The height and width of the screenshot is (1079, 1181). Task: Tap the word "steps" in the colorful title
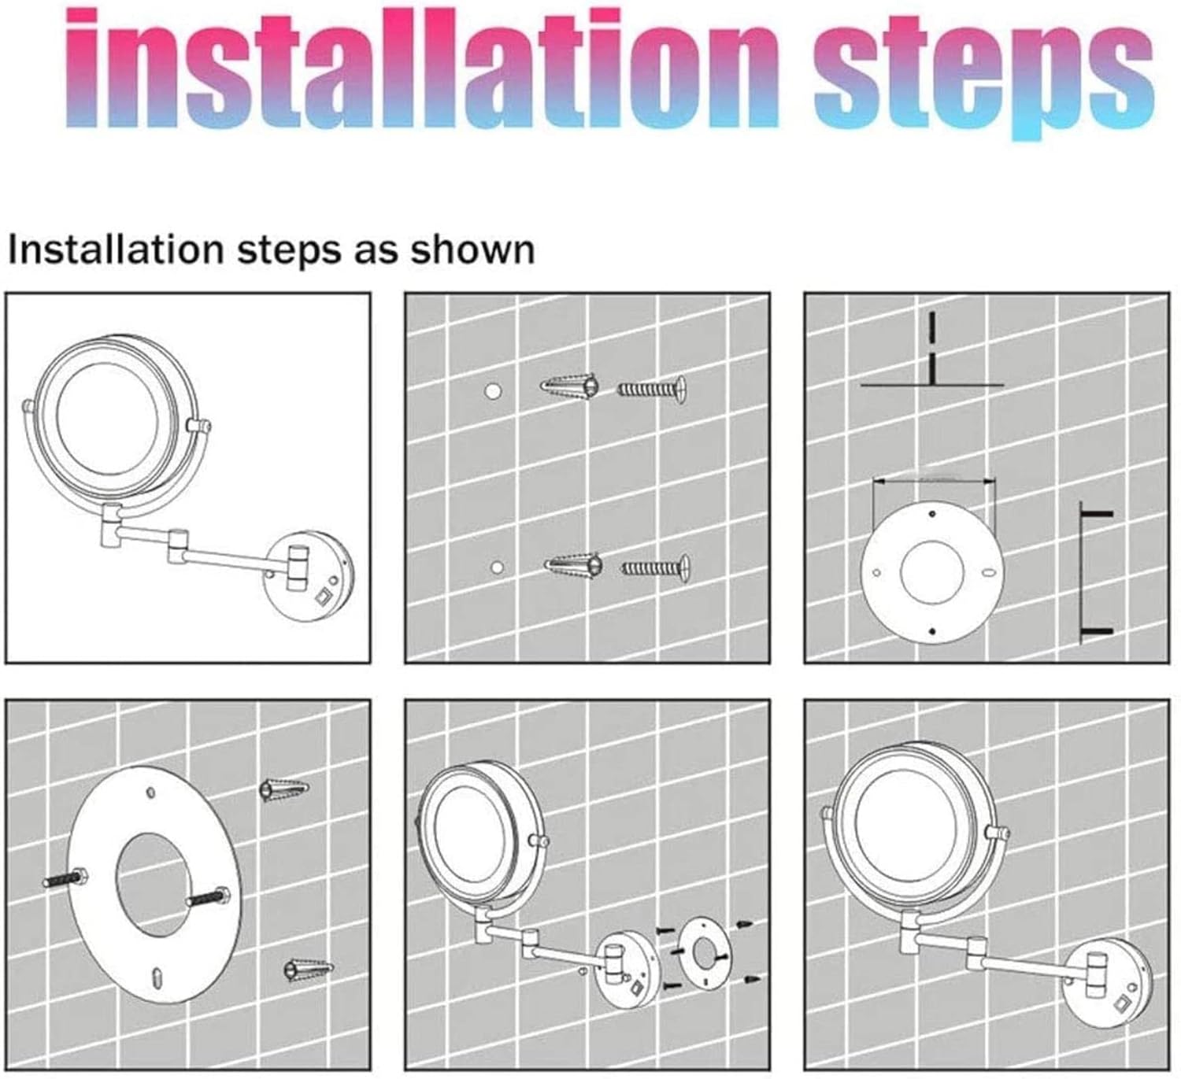click(x=983, y=73)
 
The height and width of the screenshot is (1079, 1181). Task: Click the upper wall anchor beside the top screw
click(x=570, y=387)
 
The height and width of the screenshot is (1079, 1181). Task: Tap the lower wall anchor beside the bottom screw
click(x=574, y=567)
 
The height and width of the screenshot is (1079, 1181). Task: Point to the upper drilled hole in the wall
click(x=493, y=390)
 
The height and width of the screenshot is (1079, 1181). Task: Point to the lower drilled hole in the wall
click(x=498, y=568)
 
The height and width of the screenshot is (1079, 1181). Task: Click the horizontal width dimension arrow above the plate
click(x=935, y=481)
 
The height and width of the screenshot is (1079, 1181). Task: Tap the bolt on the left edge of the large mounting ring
click(x=66, y=879)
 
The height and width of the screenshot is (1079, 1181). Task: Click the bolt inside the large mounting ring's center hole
click(x=208, y=896)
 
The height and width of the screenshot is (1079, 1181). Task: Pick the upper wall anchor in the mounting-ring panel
click(x=284, y=789)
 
